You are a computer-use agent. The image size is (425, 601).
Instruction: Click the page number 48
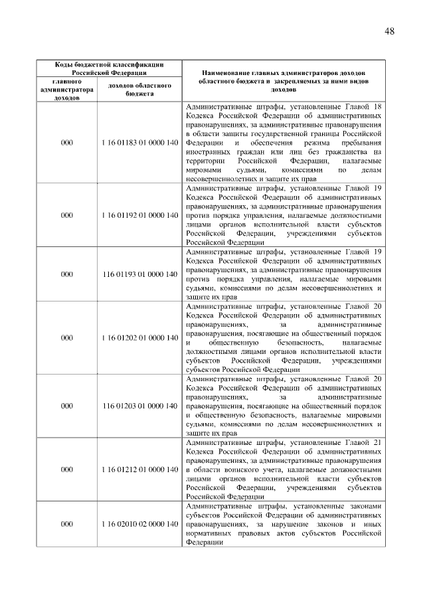pyautogui.click(x=389, y=31)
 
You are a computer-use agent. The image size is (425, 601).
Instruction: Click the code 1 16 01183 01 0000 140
pyautogui.click(x=140, y=143)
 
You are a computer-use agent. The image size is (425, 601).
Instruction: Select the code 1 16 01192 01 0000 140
pyautogui.click(x=140, y=215)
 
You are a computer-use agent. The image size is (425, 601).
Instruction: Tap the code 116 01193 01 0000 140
pyautogui.click(x=140, y=274)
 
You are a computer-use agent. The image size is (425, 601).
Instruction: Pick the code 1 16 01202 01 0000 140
pyautogui.click(x=140, y=337)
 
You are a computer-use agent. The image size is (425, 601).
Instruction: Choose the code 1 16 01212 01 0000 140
pyautogui.click(x=140, y=469)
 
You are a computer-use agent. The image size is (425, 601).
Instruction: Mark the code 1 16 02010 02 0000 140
pyautogui.click(x=140, y=524)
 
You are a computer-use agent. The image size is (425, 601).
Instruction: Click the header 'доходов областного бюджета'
pyautogui.click(x=140, y=90)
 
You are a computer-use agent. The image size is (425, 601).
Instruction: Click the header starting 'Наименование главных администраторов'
pyautogui.click(x=285, y=80)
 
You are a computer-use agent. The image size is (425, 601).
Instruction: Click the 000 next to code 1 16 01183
pyautogui.click(x=66, y=143)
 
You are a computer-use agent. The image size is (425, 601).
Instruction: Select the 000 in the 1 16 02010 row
pyautogui.click(x=66, y=524)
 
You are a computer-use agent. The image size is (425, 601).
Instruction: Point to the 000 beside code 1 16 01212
pyautogui.click(x=66, y=469)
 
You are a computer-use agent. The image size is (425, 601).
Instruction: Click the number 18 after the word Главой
pyautogui.click(x=378, y=107)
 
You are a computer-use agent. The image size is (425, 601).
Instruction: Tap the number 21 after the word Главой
pyautogui.click(x=378, y=442)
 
